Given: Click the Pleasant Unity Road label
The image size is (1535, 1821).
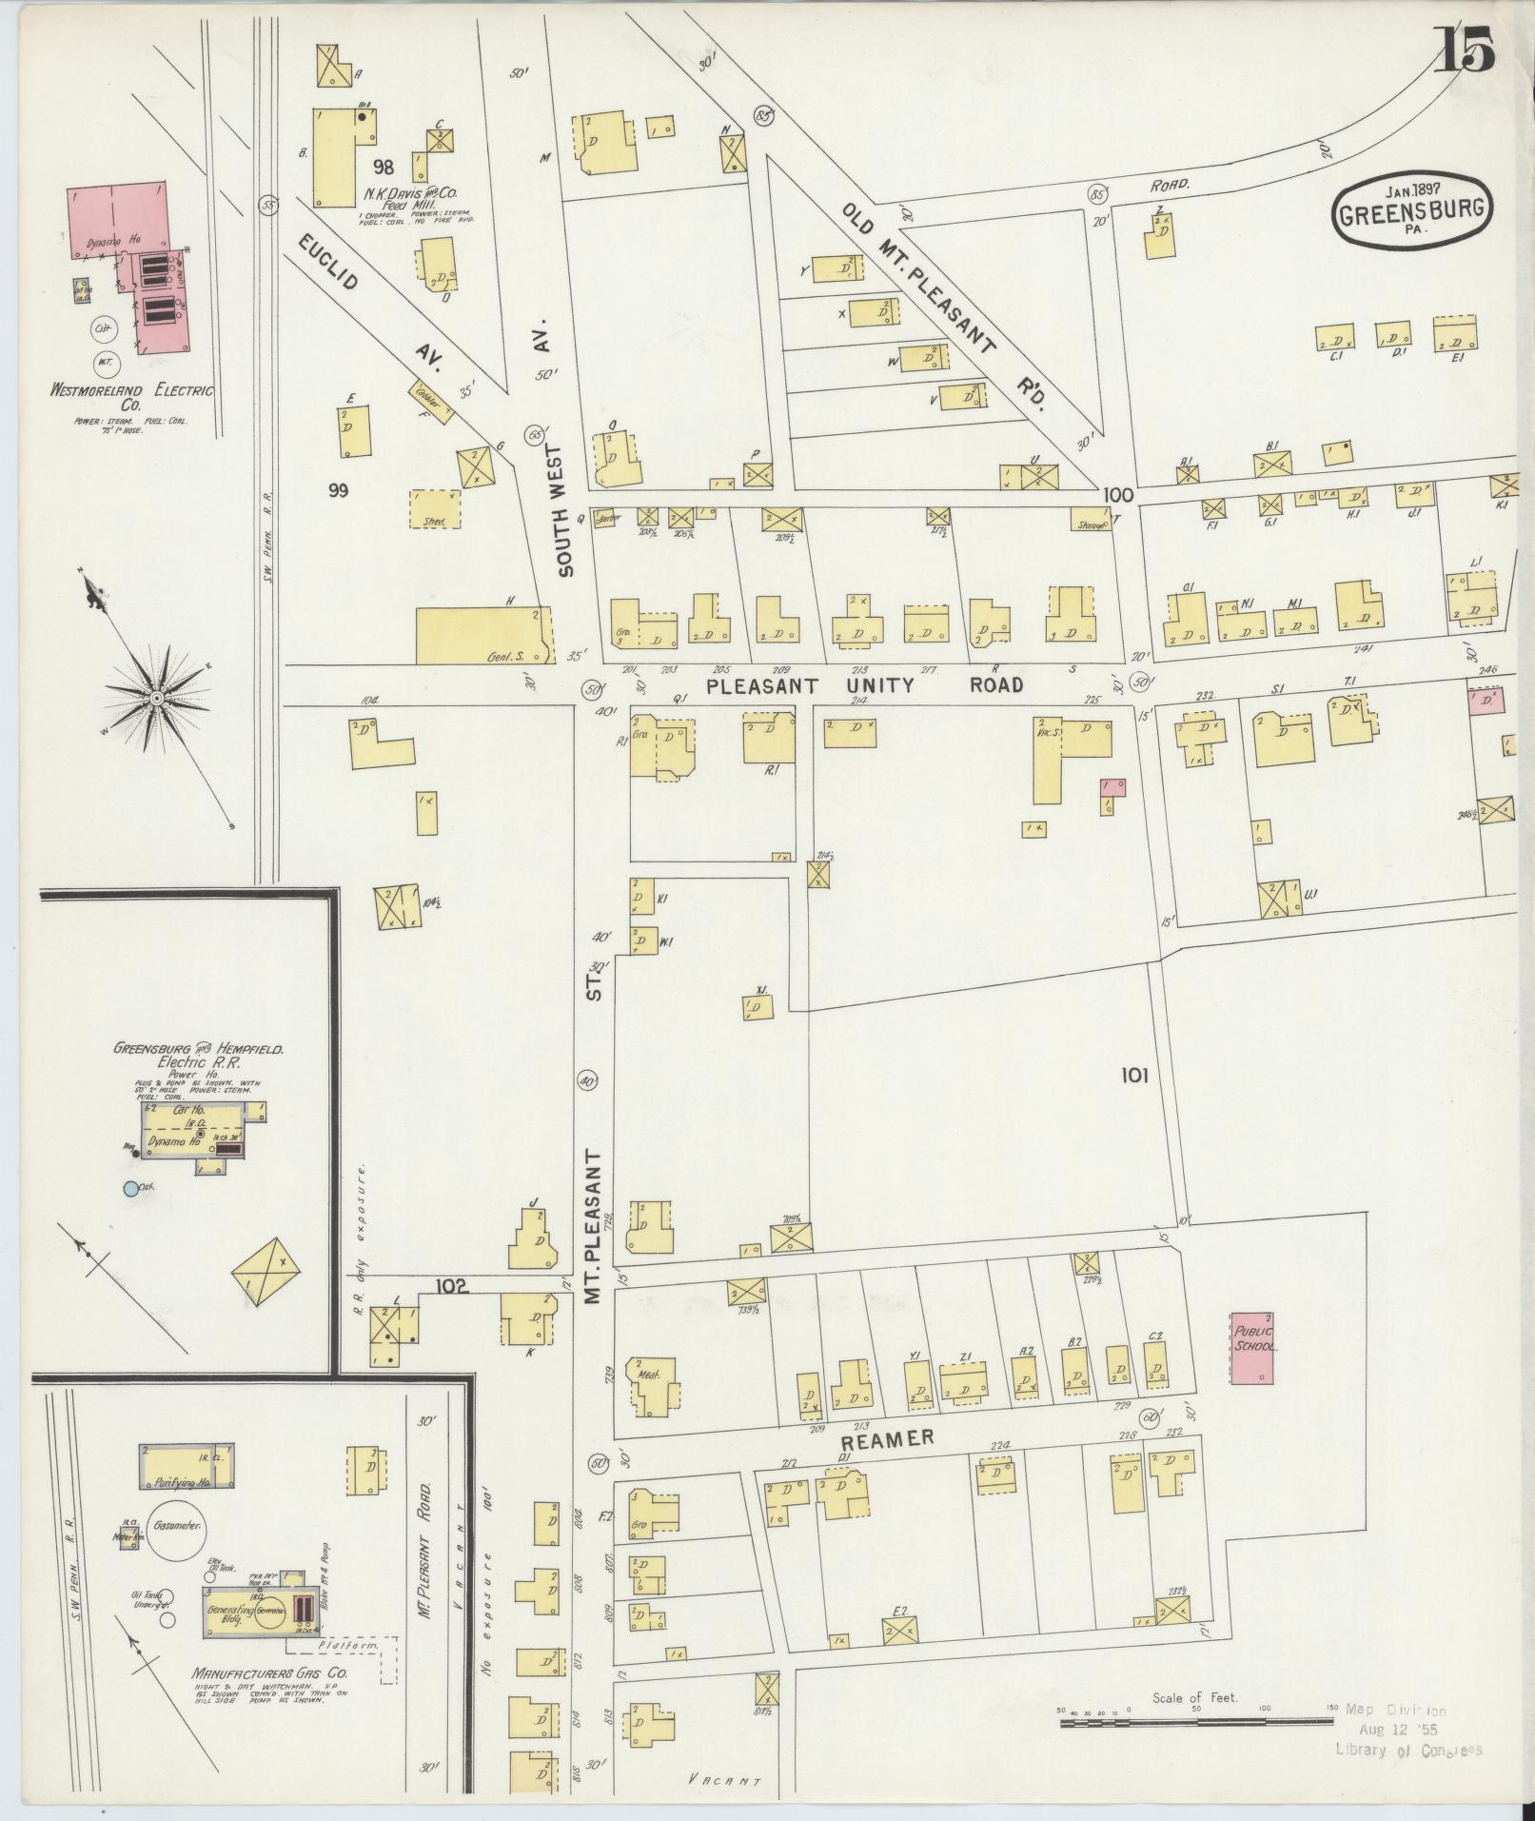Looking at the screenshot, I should (864, 685).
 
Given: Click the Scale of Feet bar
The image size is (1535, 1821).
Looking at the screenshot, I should (1195, 1721).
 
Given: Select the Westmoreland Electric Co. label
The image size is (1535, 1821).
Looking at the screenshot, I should (133, 397).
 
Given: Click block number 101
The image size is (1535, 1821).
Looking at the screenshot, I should (1134, 1076).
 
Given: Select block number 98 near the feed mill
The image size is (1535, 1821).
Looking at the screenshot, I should (384, 168).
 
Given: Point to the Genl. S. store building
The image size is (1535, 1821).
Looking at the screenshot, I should (483, 635).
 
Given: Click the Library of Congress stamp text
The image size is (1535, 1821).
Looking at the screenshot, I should (1407, 1750).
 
